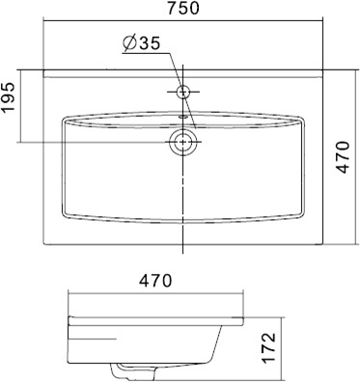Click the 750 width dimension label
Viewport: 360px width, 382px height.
[x=183, y=9]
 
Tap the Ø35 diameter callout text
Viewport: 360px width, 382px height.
[x=141, y=43]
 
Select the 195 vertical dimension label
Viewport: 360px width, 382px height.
[x=9, y=97]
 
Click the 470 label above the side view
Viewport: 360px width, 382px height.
[x=155, y=281]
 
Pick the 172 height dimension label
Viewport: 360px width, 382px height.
[x=268, y=348]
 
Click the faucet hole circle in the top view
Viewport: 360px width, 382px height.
[x=183, y=92]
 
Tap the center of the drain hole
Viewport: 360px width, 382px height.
[x=183, y=142]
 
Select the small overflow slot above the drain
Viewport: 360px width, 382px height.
[x=183, y=117]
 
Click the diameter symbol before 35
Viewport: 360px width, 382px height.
[x=129, y=43]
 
